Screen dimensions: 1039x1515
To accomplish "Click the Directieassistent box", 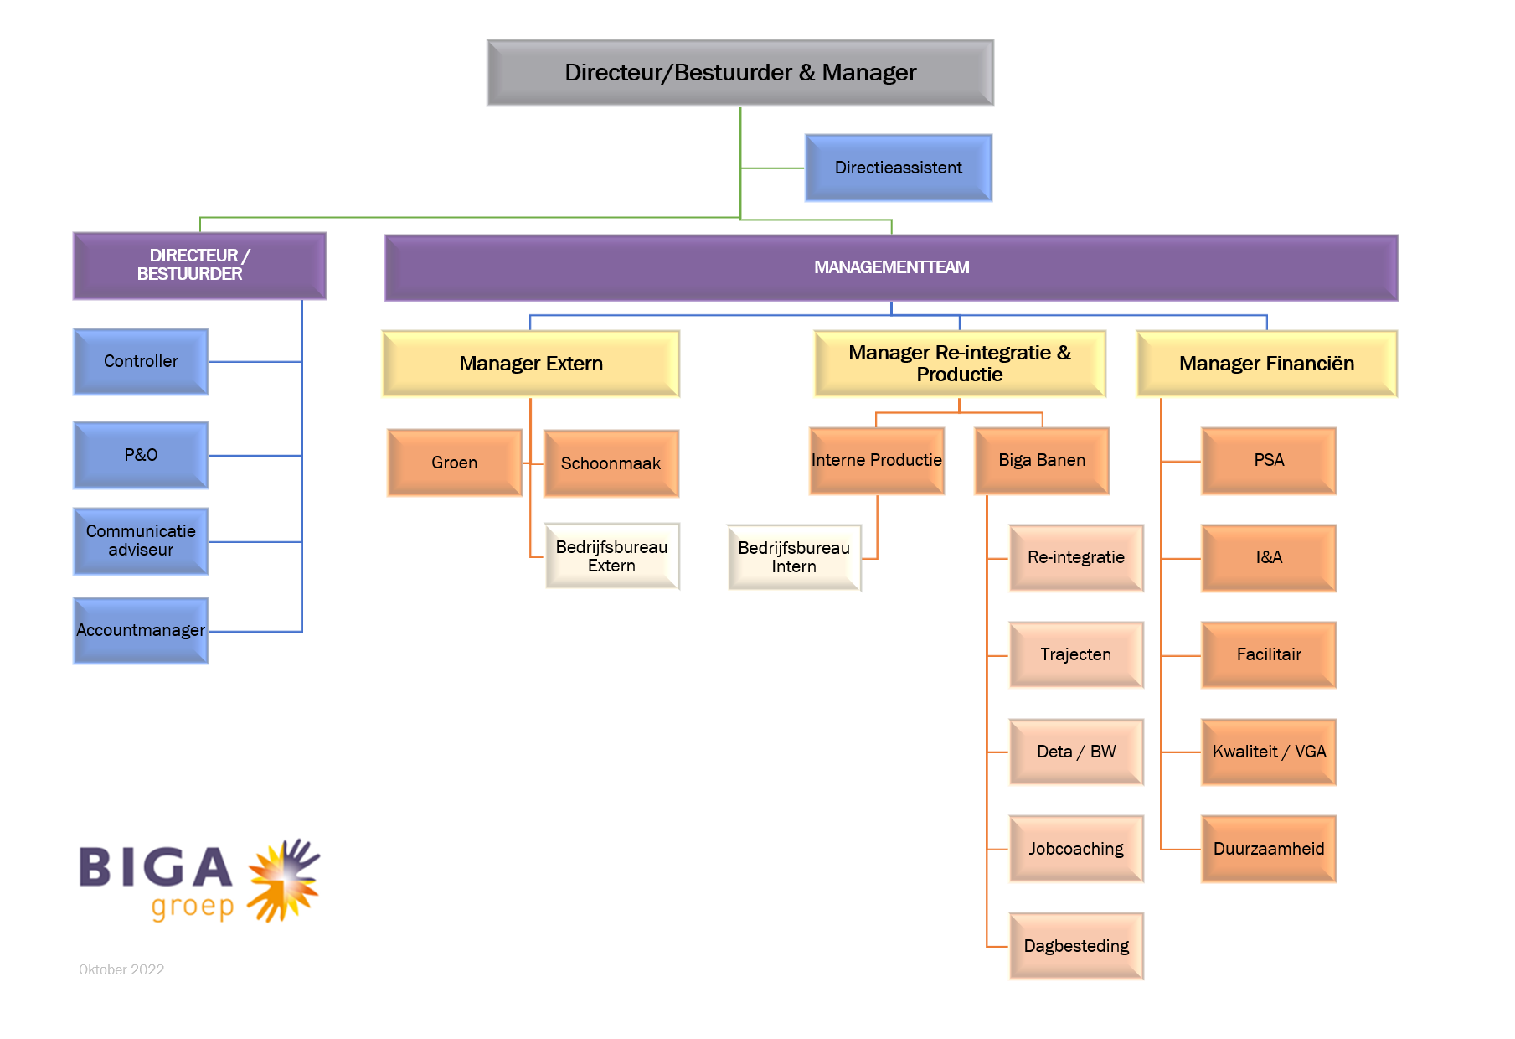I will pyautogui.click(x=899, y=168).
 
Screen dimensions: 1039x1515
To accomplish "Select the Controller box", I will pyautogui.click(x=141, y=361).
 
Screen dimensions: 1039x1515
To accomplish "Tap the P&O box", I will pyautogui.click(x=141, y=455).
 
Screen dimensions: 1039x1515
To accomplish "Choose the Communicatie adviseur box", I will pyautogui.click(x=141, y=541).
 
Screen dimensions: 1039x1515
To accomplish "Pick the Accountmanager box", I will pyautogui.click(x=141, y=630).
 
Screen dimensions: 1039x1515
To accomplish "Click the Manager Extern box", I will pyautogui.click(x=531, y=364).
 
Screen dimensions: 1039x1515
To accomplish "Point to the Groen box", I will pyautogui.click(x=455, y=463).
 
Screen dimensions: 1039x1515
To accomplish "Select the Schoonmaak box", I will pyautogui.click(x=611, y=463).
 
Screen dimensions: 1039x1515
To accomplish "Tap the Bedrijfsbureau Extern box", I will pyautogui.click(x=611, y=556).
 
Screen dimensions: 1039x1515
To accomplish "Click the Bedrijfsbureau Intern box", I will pyautogui.click(x=794, y=557).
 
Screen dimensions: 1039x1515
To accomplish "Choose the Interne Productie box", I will pyautogui.click(x=877, y=460).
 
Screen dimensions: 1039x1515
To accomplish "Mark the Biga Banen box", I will pyautogui.click(x=1042, y=460).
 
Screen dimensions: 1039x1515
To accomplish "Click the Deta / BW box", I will pyautogui.click(x=1076, y=752).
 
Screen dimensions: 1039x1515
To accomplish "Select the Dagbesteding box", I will pyautogui.click(x=1076, y=946).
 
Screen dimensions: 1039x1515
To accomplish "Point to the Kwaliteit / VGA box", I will pyautogui.click(x=1269, y=752).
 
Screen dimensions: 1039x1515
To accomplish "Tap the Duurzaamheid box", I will pyautogui.click(x=1269, y=849).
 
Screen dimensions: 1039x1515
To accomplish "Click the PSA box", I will pyautogui.click(x=1269, y=460).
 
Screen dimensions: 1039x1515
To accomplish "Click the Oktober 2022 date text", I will pyautogui.click(x=121, y=969).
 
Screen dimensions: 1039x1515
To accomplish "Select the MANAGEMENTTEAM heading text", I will pyautogui.click(x=892, y=267).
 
